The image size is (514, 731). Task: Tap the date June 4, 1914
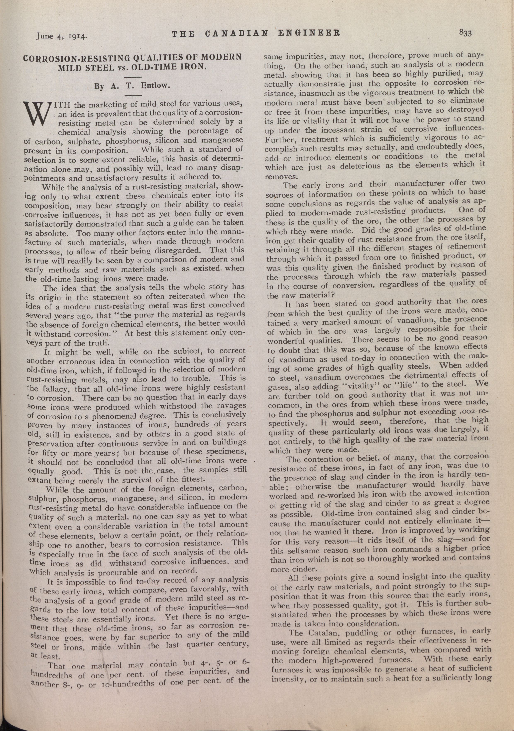pos(62,36)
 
